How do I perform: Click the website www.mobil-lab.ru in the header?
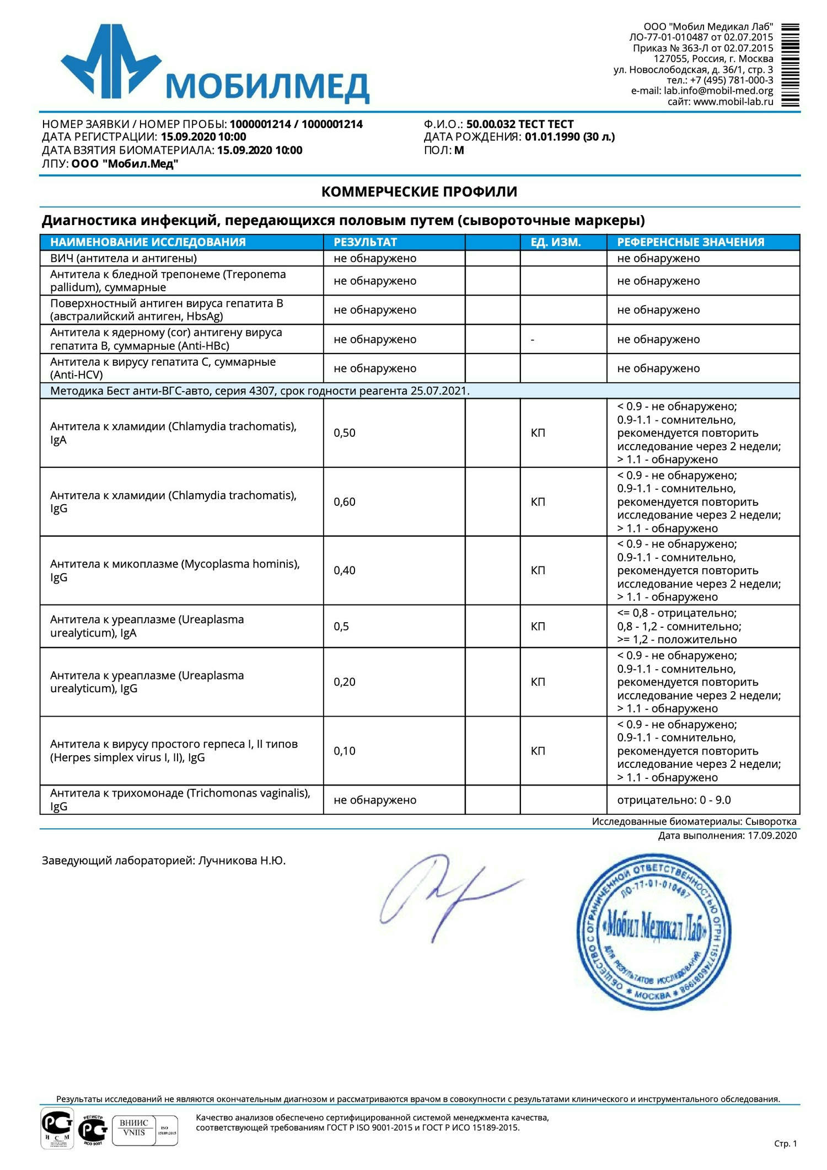click(733, 102)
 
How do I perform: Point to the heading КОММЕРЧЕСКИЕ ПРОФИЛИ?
click(419, 192)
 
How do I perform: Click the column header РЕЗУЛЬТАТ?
click(365, 242)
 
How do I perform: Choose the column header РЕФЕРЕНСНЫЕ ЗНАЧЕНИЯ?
click(690, 242)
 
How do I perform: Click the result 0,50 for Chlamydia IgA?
click(345, 433)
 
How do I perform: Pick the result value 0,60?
click(345, 502)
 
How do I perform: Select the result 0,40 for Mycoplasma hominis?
click(345, 570)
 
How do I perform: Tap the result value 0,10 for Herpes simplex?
click(345, 751)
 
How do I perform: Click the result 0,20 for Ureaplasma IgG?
click(345, 682)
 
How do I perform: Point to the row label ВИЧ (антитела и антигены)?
click(123, 258)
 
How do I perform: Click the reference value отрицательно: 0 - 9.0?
click(674, 800)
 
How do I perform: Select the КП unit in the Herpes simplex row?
click(538, 751)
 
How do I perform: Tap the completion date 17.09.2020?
click(772, 836)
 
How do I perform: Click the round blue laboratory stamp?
click(653, 932)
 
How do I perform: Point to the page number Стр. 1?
click(785, 1144)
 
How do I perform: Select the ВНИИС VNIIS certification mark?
click(134, 1127)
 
